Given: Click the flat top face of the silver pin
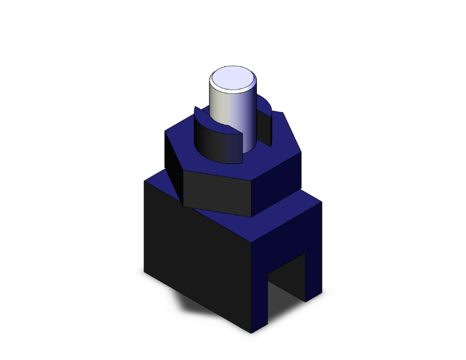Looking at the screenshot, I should pyautogui.click(x=233, y=80).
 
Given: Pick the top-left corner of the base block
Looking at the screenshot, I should pyautogui.click(x=145, y=181).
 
